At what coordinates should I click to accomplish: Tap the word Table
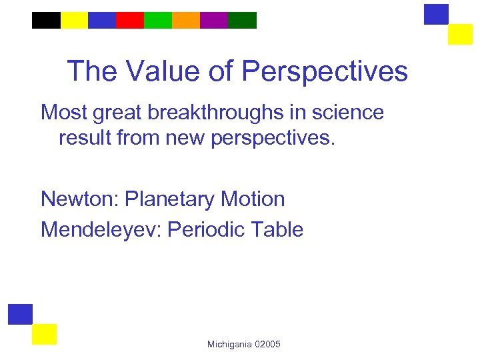coord(276,230)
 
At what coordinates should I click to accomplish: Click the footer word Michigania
coord(229,344)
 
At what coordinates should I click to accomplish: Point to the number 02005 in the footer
coord(267,344)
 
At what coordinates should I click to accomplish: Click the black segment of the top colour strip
coord(46,21)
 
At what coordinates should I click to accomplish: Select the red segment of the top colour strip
coord(130,21)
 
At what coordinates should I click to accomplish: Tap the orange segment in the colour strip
coord(186,21)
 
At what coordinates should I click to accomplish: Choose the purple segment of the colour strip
coord(214,21)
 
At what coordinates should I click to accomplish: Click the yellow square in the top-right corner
coord(460,34)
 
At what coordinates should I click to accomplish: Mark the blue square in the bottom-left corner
coord(20,314)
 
